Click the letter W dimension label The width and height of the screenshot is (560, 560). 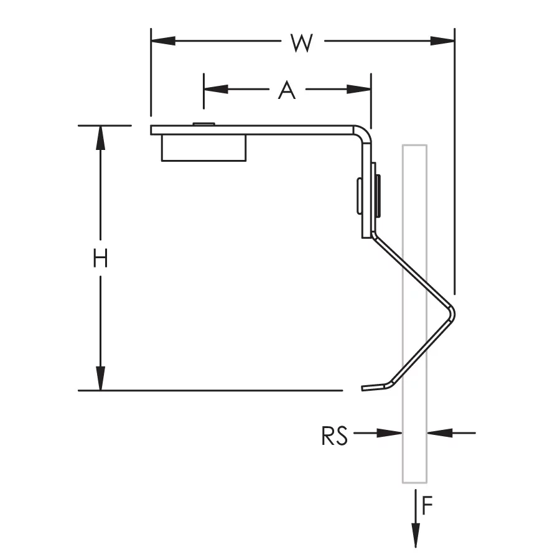pyautogui.click(x=301, y=42)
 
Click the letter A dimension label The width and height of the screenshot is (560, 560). pyautogui.click(x=286, y=91)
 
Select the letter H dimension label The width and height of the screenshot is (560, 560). pyautogui.click(x=100, y=258)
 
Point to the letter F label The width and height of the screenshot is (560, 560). pyautogui.click(x=427, y=507)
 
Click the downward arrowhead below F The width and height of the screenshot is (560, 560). pyautogui.click(x=416, y=534)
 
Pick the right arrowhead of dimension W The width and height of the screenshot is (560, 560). pyautogui.click(x=443, y=41)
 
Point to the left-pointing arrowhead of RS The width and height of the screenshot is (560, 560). pyautogui.click(x=438, y=432)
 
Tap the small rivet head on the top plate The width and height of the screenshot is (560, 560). pyautogui.click(x=203, y=124)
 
